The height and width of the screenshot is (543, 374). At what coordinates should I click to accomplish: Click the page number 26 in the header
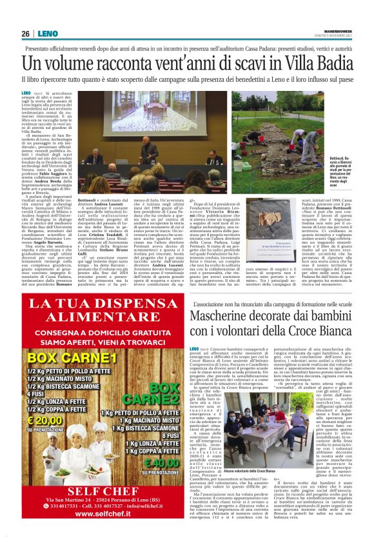[26, 33]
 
